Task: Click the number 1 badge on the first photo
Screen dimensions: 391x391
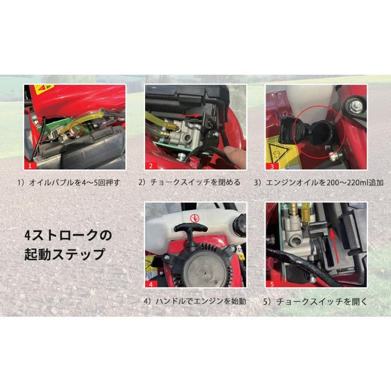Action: tap(30, 166)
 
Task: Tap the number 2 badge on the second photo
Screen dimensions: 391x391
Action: tap(150, 166)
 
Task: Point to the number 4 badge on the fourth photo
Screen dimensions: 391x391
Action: tap(150, 284)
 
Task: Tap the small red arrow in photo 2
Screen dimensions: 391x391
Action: tap(198, 116)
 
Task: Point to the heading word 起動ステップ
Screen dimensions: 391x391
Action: tap(65, 254)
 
